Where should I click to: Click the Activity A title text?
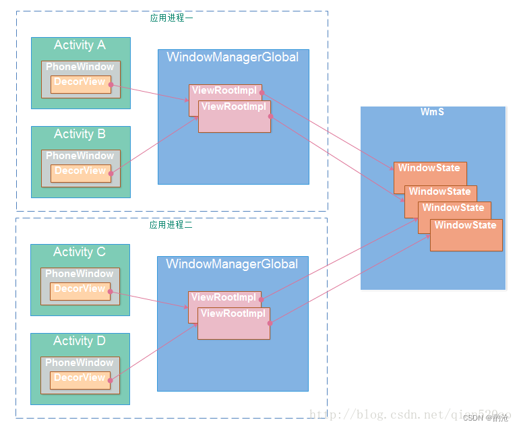80,45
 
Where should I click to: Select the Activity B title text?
80,134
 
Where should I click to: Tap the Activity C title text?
80,252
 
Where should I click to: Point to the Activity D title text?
80,341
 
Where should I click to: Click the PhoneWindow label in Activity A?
80,67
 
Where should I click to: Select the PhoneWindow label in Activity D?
80,363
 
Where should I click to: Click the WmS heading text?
432,112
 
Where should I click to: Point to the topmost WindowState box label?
429,168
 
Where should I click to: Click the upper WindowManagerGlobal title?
233,57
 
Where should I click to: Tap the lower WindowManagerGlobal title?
232,264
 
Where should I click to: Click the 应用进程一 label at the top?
171,18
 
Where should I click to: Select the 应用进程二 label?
171,224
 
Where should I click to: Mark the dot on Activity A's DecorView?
111,85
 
